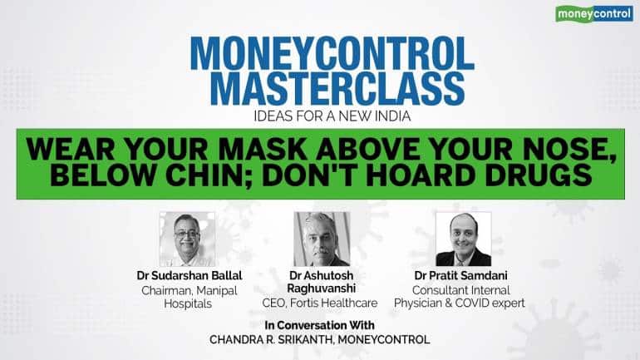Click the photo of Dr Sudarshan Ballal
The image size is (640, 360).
click(x=187, y=239)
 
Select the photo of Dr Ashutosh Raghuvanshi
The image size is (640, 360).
click(x=321, y=239)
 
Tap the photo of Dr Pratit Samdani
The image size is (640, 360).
click(x=463, y=239)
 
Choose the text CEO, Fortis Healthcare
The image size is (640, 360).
click(x=321, y=303)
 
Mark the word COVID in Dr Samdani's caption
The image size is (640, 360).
click(x=484, y=303)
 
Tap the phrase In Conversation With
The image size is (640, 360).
click(x=321, y=324)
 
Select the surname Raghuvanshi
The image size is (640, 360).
click(x=321, y=289)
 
